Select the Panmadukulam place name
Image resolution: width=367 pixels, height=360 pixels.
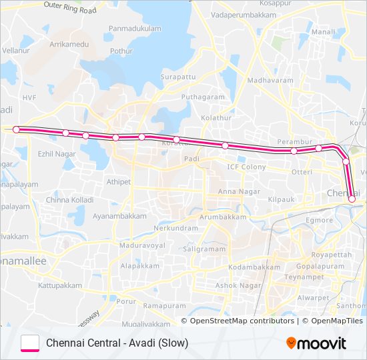click(x=135, y=29)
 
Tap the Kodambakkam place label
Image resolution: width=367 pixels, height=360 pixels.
click(x=254, y=267)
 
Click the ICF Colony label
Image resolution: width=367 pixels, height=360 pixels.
click(x=246, y=167)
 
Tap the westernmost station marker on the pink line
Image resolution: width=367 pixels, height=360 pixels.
click(x=17, y=129)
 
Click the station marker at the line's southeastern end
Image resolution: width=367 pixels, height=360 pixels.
click(x=352, y=198)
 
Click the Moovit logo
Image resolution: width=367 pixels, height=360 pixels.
click(x=316, y=343)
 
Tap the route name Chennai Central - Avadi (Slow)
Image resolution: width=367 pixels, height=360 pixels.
click(x=117, y=343)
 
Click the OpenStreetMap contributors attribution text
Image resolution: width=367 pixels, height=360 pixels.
click(x=242, y=321)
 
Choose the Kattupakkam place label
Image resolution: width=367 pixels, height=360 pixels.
click(x=59, y=285)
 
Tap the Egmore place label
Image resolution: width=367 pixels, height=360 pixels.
click(x=319, y=220)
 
